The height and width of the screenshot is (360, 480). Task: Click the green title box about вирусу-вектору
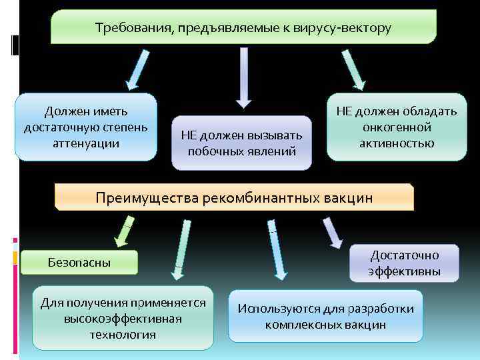(x=243, y=27)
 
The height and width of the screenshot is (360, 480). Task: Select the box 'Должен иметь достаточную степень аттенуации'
(x=86, y=127)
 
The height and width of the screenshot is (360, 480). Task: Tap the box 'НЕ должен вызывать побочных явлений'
(x=241, y=143)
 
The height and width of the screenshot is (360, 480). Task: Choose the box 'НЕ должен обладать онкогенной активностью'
(x=397, y=127)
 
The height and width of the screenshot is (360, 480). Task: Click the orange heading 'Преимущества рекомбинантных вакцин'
(x=234, y=198)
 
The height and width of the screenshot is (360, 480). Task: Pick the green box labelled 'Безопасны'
(x=79, y=263)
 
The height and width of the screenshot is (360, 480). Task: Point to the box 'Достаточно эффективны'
(x=405, y=263)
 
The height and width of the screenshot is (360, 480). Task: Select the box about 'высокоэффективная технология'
(x=123, y=318)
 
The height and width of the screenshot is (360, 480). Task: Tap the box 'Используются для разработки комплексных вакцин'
(x=326, y=317)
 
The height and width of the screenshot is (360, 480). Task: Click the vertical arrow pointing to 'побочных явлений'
(x=244, y=77)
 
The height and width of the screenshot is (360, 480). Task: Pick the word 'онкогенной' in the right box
(x=397, y=127)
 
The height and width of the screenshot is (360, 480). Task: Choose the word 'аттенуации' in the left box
(x=86, y=143)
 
